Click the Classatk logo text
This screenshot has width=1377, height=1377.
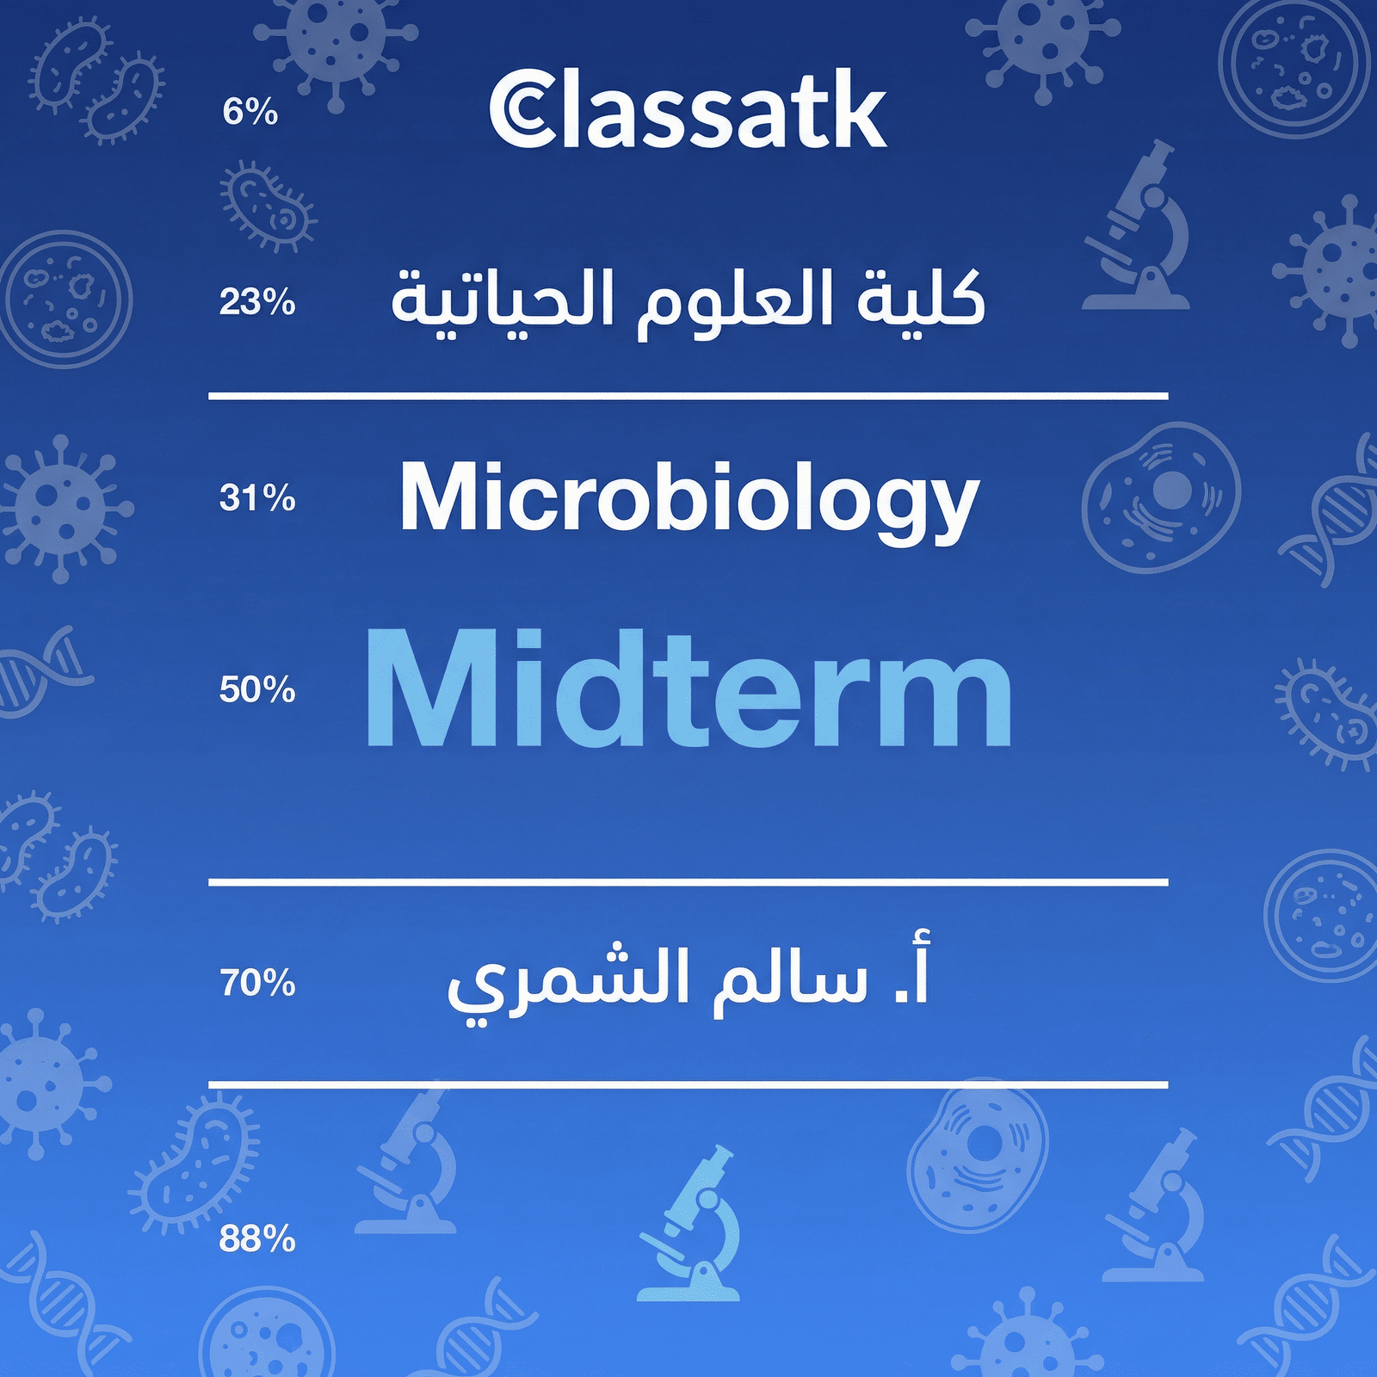[688, 110]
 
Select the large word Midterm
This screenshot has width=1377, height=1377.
[688, 688]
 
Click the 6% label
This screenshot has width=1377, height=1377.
[250, 112]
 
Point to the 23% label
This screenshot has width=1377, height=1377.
[256, 303]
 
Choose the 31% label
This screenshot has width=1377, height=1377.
[256, 498]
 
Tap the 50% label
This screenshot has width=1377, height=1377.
[256, 689]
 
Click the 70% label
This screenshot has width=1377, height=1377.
[256, 982]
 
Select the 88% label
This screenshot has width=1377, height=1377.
[256, 1239]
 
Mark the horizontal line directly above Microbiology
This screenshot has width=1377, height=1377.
[688, 396]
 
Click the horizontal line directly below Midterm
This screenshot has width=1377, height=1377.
[688, 882]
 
